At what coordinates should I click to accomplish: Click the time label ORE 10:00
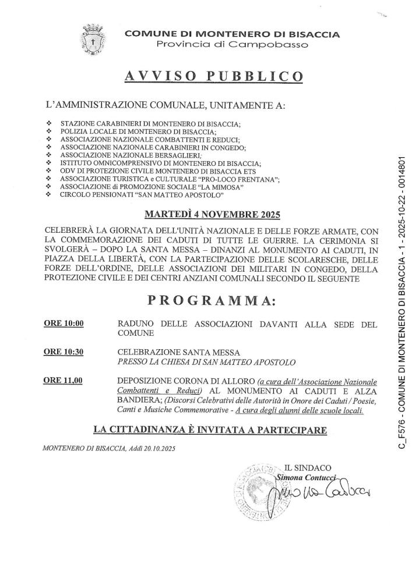[64, 324]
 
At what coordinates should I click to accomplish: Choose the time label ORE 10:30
[64, 352]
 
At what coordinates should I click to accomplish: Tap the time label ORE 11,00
[64, 381]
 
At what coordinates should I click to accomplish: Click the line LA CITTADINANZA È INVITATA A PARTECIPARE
[210, 430]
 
